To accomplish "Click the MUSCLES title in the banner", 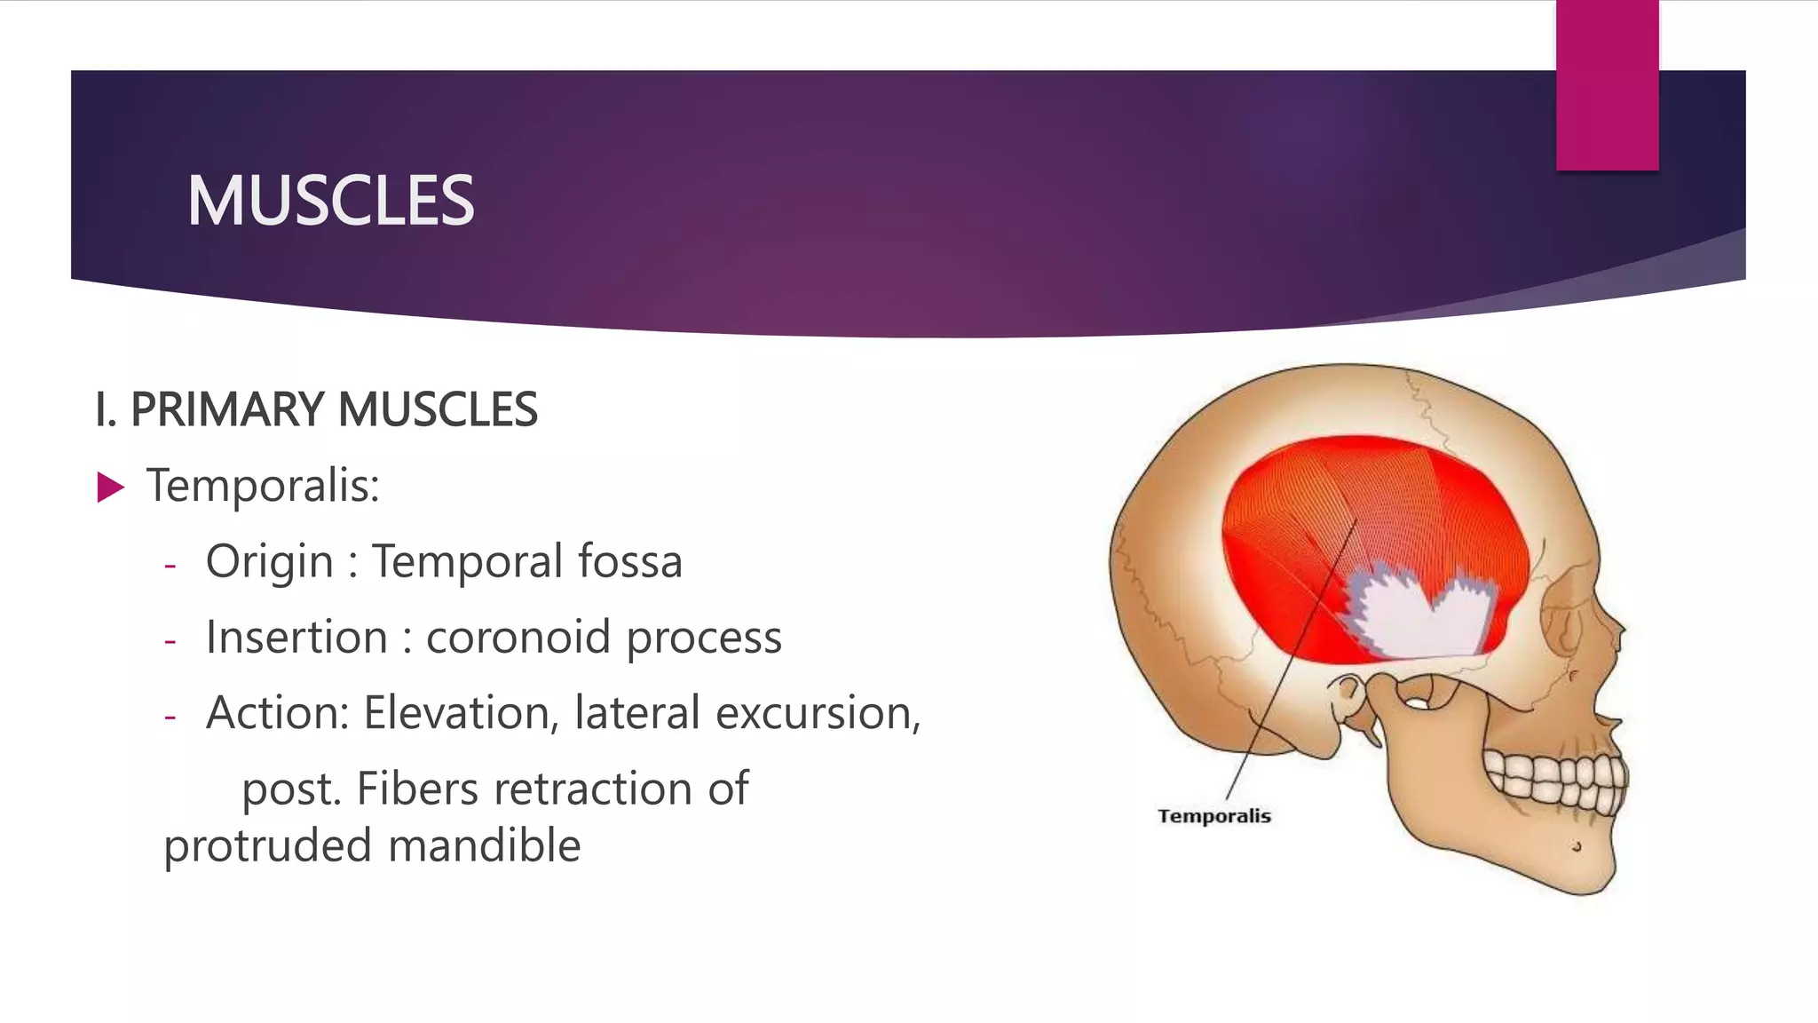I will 330,201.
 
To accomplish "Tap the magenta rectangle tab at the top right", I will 1607,84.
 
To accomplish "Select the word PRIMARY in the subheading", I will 226,409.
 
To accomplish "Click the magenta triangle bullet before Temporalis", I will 110,488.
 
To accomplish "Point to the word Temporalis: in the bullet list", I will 263,486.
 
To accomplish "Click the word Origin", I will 269,562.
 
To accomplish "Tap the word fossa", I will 629,561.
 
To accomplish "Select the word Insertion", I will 296,638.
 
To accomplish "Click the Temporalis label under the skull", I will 1213,816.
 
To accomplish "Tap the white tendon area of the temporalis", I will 1420,622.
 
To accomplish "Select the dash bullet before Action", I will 170,715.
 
